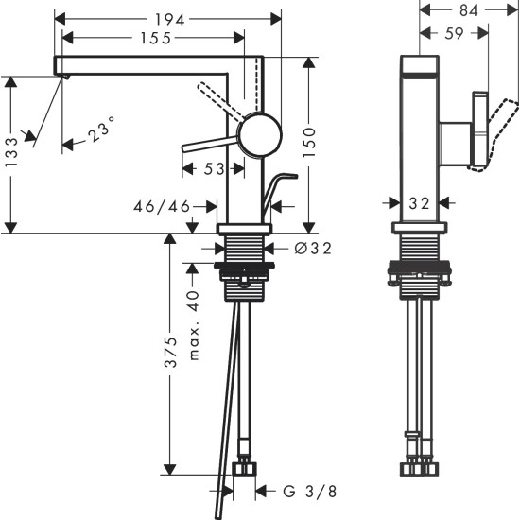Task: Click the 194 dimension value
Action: tap(167, 18)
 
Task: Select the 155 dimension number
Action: tap(151, 40)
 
